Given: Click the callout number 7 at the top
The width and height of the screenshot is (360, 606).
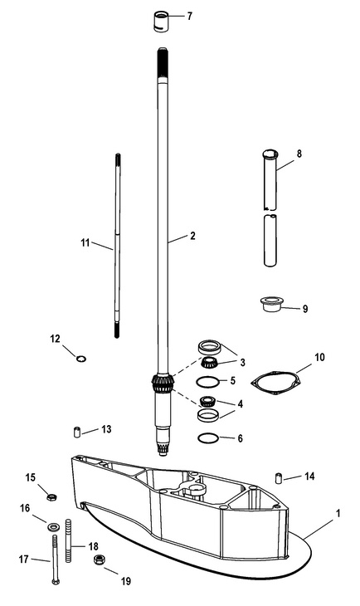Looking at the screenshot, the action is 189,17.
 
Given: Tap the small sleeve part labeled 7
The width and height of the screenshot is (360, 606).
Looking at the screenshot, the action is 161,22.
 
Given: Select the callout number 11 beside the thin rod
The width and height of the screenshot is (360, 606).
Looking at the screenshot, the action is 85,242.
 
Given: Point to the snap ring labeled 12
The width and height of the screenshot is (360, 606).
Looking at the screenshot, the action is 80,359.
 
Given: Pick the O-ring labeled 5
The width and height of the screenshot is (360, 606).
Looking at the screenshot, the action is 208,382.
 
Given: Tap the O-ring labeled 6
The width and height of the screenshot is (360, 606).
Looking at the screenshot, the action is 208,438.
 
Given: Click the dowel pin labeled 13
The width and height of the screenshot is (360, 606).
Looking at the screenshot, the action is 77,432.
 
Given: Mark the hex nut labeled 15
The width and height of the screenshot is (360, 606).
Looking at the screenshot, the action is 51,497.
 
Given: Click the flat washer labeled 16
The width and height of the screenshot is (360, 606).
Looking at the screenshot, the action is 52,526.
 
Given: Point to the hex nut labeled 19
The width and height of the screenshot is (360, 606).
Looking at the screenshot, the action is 99,559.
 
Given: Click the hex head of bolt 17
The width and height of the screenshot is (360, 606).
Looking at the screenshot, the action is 56,582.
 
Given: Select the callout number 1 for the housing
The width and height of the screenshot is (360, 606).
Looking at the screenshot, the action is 338,513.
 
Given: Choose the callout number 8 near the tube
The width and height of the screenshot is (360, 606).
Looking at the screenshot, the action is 299,154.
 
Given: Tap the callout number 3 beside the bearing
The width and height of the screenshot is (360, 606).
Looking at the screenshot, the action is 242,362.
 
